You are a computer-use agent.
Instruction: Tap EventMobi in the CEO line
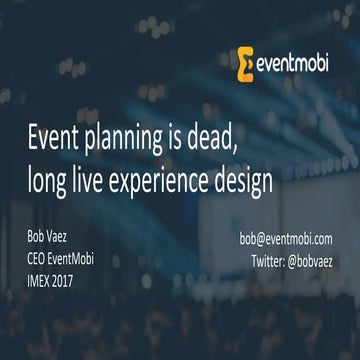[89, 259]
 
